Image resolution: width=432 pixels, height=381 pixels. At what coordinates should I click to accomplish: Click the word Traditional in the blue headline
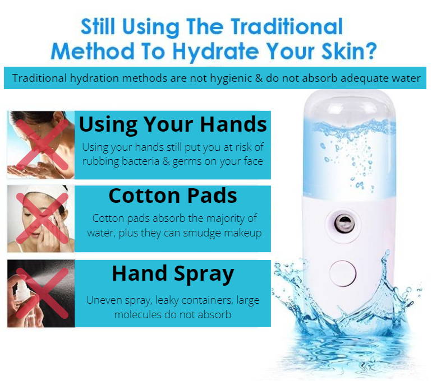coord(287,26)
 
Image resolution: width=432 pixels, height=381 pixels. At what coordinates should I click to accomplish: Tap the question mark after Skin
coord(370,51)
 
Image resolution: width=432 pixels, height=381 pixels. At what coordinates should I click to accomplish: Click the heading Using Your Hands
coord(173,124)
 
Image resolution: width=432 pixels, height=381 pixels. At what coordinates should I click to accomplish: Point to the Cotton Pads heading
coord(173,196)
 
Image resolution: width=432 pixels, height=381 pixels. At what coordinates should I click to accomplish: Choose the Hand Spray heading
coord(173,275)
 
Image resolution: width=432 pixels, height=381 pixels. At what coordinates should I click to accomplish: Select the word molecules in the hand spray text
coord(137,314)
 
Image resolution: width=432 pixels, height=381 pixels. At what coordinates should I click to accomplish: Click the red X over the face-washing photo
coord(42,145)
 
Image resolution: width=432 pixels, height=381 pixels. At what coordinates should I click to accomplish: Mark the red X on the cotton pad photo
coord(42,218)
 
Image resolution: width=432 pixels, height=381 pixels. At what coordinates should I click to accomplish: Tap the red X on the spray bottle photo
coord(42,293)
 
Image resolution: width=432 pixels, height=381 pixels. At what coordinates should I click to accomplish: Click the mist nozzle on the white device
coord(344,223)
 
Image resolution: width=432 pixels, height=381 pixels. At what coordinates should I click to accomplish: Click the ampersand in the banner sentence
coord(259,78)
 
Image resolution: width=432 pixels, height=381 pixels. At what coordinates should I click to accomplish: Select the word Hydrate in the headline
coord(216,52)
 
